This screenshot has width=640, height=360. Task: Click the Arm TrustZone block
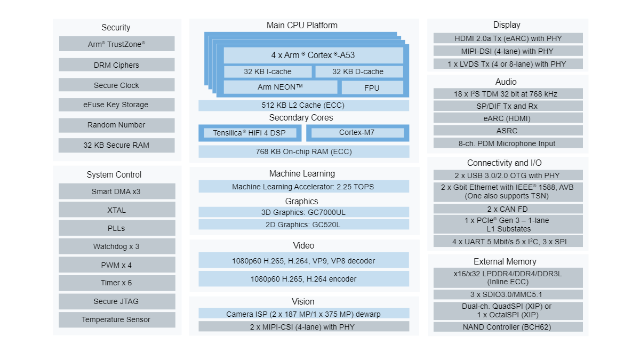point(116,44)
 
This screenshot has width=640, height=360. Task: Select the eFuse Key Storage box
point(116,105)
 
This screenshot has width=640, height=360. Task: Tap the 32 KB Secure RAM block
point(116,145)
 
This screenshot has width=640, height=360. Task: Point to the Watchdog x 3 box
point(116,246)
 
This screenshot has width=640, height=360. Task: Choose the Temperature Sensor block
point(116,319)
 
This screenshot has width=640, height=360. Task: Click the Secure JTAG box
point(116,301)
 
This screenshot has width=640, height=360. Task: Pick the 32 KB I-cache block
point(267,71)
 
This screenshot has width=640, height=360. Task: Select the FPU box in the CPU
point(372,87)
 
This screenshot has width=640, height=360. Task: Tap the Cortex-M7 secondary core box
point(357,133)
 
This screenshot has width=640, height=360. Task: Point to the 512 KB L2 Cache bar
point(303,105)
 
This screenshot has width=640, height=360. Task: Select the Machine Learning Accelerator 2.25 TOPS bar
point(303,187)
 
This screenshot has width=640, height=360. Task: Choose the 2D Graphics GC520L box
point(303,225)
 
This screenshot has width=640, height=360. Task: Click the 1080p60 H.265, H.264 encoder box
point(303,279)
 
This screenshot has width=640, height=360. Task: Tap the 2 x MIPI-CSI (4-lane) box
point(303,327)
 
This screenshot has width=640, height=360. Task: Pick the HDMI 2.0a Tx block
point(508,38)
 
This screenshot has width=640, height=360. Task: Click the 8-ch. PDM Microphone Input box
point(508,143)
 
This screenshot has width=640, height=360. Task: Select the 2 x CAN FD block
point(508,209)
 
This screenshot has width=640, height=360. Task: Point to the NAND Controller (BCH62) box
point(508,327)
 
